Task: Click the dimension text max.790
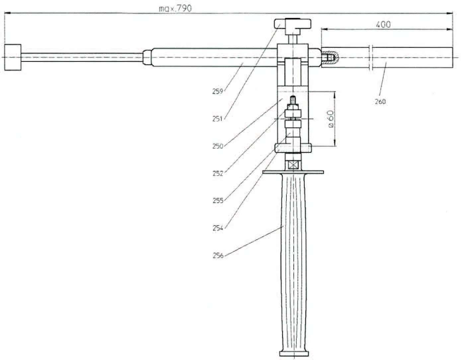point(175,8)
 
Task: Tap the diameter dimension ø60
point(330,119)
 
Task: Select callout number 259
point(218,91)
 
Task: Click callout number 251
point(217,119)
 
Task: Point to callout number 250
point(218,146)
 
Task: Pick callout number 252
point(218,173)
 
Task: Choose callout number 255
point(218,201)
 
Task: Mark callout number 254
point(218,228)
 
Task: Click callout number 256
point(218,256)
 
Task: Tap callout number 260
point(380,102)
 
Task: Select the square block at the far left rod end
point(13,57)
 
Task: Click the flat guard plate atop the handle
point(293,172)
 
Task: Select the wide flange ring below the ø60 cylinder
point(293,147)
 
